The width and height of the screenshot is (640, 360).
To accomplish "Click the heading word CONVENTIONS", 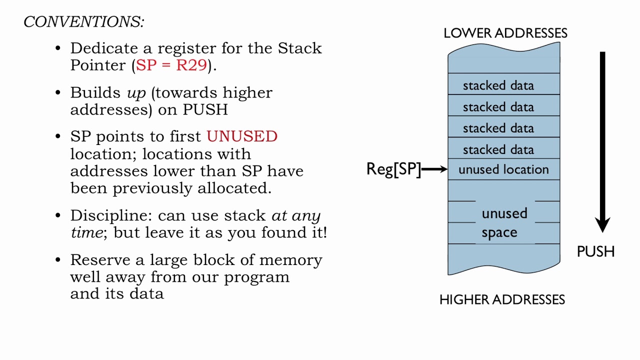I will coord(83,22).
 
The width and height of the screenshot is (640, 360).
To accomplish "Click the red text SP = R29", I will coord(171,65).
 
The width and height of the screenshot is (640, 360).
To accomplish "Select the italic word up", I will coord(136,93).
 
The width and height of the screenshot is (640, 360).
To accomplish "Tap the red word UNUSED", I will coord(242,137).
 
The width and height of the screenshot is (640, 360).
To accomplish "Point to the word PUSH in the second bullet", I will coord(205,110).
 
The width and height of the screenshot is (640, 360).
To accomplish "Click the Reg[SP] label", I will coord(393,169).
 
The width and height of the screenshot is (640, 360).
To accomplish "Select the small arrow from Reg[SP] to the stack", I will coord(435,169).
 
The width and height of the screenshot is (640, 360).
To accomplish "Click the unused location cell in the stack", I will coord(503,169).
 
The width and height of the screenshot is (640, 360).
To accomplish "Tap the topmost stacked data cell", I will coord(498,85).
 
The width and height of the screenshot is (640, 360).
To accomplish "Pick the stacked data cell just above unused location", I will coord(498,149).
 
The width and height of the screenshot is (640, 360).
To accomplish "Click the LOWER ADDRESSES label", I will coord(505,33).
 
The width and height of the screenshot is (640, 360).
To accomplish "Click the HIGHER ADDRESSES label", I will coord(502,299).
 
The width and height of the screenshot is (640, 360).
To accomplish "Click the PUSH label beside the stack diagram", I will coord(595,251).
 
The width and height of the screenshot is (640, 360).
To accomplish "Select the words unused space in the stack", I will coord(503,223).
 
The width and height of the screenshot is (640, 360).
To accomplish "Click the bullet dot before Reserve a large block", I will coord(58,260).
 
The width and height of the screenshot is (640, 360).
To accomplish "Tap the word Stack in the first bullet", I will coord(300,48).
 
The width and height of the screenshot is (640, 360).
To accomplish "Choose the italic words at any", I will coord(296,215).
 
